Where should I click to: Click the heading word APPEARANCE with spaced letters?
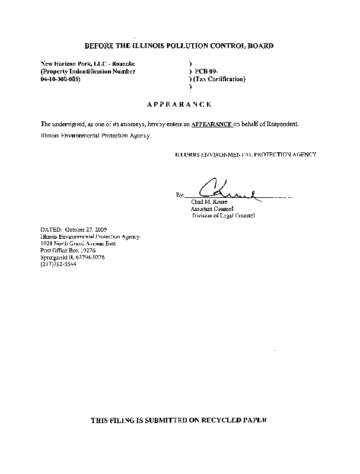pos(179,104)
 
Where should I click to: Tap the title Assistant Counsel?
pos(212,209)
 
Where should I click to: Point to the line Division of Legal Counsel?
pos(222,216)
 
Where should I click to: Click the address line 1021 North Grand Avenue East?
pos(78,243)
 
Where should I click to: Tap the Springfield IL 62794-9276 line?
pos(73,256)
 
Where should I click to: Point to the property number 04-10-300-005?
pos(60,79)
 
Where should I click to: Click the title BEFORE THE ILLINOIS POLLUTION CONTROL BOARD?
pos(179,46)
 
